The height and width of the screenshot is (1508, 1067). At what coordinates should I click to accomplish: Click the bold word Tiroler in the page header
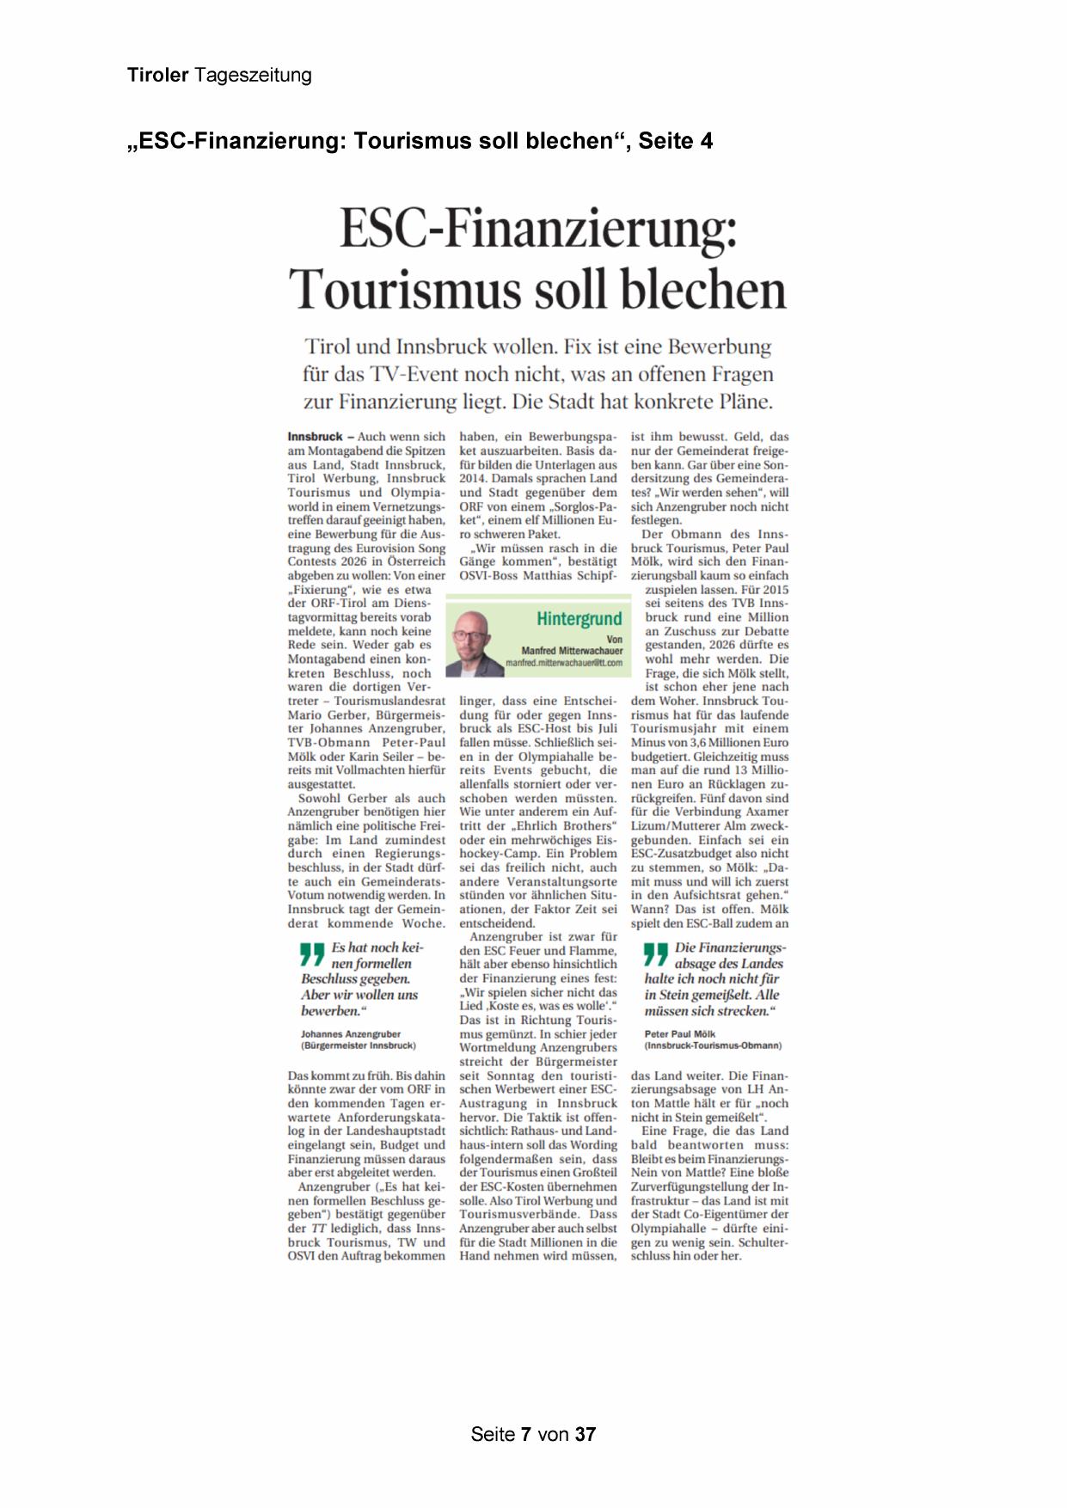pyautogui.click(x=157, y=76)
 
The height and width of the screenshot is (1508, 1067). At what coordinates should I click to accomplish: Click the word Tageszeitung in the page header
pyautogui.click(x=253, y=76)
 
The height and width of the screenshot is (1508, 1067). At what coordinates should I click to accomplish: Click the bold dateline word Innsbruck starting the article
pyautogui.click(x=315, y=437)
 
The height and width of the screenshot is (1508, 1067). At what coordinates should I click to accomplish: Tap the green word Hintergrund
pyautogui.click(x=579, y=619)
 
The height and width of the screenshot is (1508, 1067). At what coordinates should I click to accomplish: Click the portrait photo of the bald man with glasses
pyautogui.click(x=475, y=642)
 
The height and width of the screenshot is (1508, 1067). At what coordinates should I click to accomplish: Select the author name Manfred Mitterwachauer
pyautogui.click(x=572, y=651)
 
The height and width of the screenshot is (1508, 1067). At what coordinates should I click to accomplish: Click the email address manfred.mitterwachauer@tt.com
pyautogui.click(x=563, y=663)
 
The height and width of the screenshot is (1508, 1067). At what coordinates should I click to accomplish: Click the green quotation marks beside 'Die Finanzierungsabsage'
pyautogui.click(x=656, y=953)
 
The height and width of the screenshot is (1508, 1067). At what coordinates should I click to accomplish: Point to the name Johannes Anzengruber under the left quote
pyautogui.click(x=351, y=1034)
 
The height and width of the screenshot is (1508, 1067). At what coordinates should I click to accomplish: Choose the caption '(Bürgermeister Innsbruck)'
pyautogui.click(x=358, y=1046)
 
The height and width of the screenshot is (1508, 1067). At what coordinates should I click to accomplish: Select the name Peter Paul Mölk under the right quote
pyautogui.click(x=679, y=1034)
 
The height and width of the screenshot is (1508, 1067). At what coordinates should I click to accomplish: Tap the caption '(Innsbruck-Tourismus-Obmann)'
pyautogui.click(x=713, y=1046)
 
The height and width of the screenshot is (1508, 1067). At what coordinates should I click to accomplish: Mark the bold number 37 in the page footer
pyautogui.click(x=586, y=1434)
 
